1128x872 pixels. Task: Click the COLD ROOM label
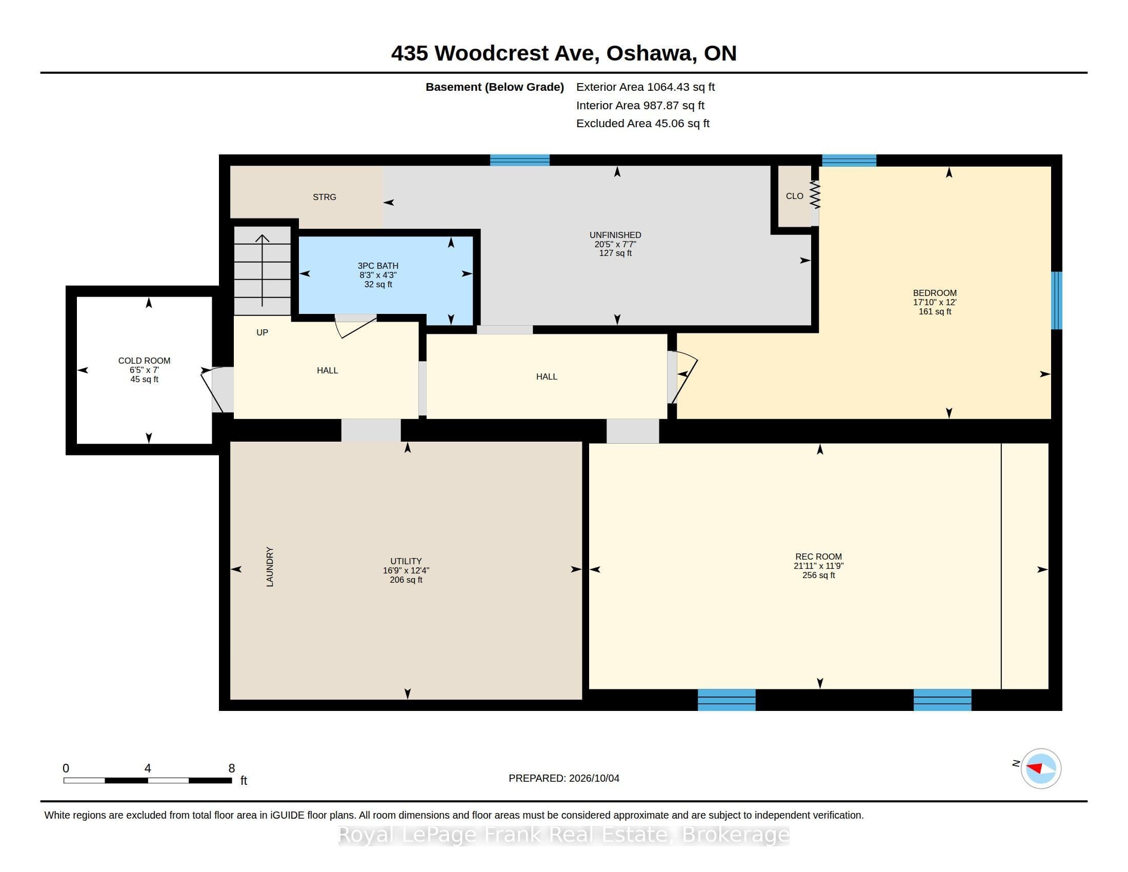click(x=144, y=361)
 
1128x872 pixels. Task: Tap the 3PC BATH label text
click(x=378, y=266)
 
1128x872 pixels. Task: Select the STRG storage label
click(x=325, y=197)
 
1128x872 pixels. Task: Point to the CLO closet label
click(x=794, y=196)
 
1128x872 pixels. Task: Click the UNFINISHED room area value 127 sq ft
click(x=615, y=253)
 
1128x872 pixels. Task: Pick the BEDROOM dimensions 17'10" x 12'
click(x=935, y=302)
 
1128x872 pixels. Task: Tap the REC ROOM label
click(x=819, y=557)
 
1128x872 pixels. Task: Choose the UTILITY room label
click(x=406, y=561)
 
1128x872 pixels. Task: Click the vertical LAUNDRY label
click(x=270, y=567)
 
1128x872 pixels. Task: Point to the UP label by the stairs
click(x=263, y=332)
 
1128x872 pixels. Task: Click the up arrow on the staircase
click(x=263, y=271)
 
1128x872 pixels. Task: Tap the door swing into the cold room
click(x=213, y=388)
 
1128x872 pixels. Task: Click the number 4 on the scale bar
click(x=148, y=768)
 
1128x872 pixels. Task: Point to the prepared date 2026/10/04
click(x=594, y=778)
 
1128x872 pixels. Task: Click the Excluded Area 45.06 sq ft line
click(x=643, y=124)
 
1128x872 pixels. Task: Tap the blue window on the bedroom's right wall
click(x=1057, y=300)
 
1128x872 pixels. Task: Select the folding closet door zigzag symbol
click(x=815, y=194)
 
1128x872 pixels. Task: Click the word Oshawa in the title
click(x=649, y=53)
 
